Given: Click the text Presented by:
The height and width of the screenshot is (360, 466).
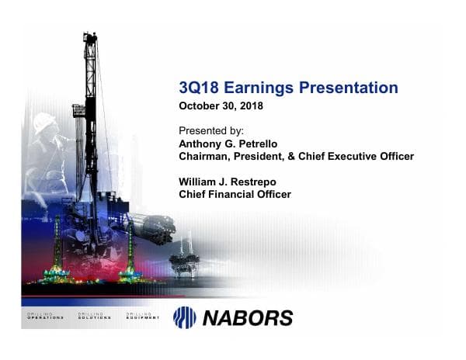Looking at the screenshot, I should click(211, 130).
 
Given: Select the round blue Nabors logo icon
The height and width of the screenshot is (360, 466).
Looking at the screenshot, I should click(184, 317).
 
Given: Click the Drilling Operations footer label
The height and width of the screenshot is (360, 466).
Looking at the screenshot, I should click(47, 317).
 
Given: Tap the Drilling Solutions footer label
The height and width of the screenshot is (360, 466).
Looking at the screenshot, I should click(95, 317).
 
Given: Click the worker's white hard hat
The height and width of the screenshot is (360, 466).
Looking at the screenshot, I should click(45, 123).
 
